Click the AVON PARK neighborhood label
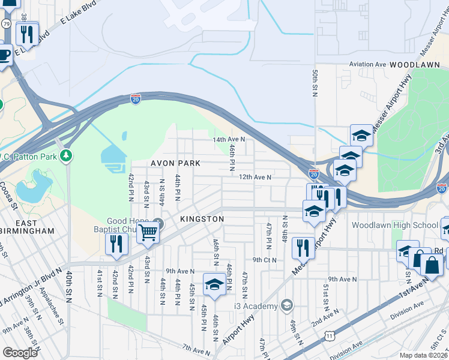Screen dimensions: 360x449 point(175,163)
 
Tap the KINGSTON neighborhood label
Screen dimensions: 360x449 point(202,220)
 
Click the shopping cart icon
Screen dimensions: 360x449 point(148,232)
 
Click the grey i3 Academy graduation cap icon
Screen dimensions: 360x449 point(287,305)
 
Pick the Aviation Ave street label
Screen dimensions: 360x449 point(368,64)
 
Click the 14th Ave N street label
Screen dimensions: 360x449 point(229,139)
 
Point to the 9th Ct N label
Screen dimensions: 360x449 point(264,260)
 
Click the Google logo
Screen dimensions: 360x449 point(20,353)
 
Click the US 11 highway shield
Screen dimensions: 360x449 point(330,336)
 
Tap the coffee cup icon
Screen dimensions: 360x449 point(4,55)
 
